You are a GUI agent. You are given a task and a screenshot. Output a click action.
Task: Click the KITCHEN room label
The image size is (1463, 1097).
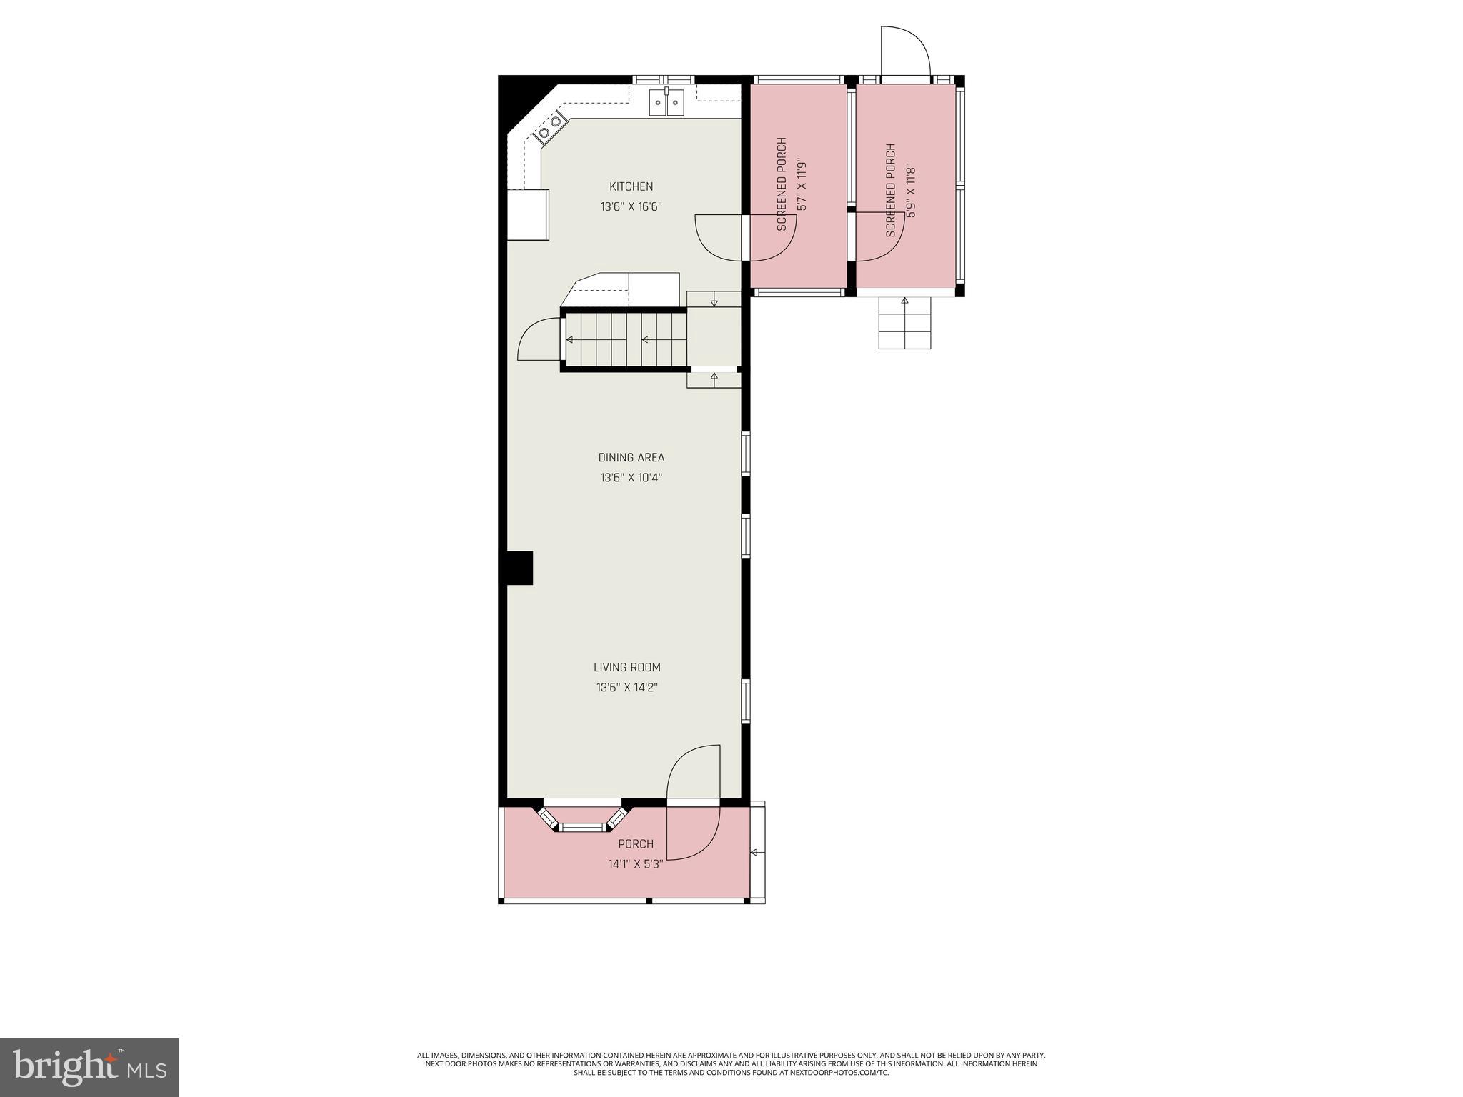[631, 186]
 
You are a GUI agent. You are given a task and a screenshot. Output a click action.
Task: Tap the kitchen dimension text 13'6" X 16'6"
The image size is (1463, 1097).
[631, 207]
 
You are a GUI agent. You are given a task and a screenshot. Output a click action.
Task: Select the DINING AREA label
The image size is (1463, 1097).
[631, 457]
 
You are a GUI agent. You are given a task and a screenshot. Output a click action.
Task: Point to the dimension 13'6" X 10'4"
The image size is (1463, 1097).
[631, 478]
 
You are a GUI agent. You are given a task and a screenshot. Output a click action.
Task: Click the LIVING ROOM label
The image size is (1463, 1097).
[627, 667]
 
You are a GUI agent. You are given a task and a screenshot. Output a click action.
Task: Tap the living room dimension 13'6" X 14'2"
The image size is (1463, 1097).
[627, 688]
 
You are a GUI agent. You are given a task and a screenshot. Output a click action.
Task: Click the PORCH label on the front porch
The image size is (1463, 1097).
[636, 843]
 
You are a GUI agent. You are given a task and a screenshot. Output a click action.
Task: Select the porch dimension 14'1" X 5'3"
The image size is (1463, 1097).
[636, 864]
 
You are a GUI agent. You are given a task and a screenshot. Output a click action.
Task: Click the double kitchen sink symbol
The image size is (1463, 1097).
[666, 102]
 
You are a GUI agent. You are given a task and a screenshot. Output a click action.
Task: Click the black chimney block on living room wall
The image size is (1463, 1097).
[520, 568]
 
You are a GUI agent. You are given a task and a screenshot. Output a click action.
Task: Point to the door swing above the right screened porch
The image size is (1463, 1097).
[904, 50]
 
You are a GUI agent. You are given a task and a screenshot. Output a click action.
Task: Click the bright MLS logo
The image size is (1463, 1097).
[89, 1068]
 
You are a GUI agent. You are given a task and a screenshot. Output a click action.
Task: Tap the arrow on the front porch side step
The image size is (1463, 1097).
[757, 852]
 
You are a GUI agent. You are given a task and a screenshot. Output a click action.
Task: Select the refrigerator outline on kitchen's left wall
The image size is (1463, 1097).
[528, 214]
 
